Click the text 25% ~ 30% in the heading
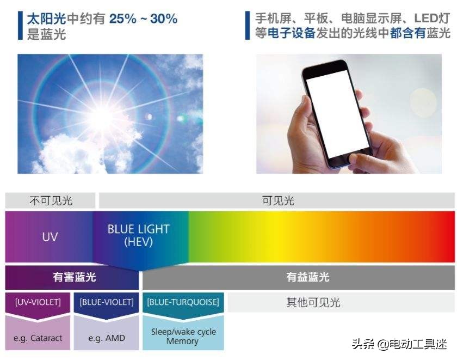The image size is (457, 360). (x=144, y=19)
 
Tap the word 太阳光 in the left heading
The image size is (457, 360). (x=46, y=19)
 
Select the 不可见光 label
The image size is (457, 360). (x=51, y=201)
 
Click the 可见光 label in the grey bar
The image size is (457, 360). (x=277, y=201)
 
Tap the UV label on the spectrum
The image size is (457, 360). (x=50, y=237)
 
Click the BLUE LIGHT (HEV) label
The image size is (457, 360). (x=138, y=235)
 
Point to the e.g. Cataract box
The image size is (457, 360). (x=38, y=338)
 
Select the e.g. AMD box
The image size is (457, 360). (x=106, y=338)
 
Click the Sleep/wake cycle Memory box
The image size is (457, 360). (x=183, y=336)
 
